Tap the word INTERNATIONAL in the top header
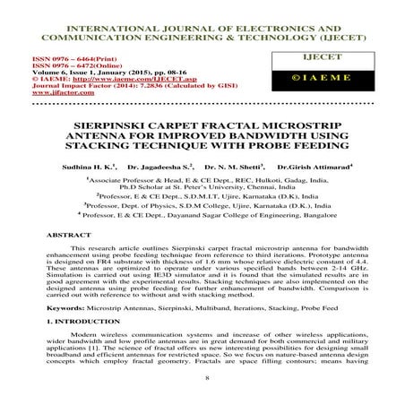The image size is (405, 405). coord(98,11)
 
